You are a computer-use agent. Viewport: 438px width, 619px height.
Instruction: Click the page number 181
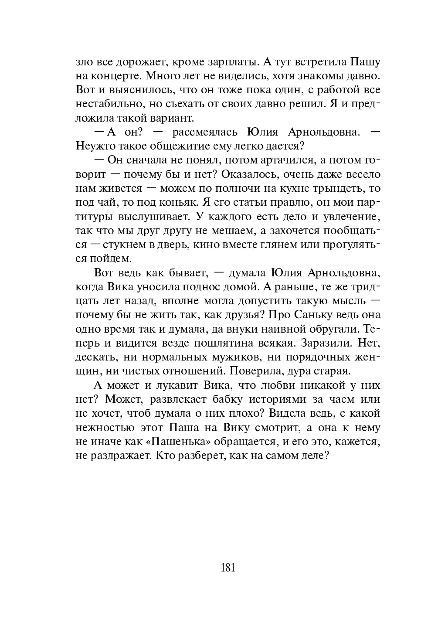pos(228,568)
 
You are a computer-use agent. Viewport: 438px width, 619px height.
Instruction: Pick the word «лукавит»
pos(173,385)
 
